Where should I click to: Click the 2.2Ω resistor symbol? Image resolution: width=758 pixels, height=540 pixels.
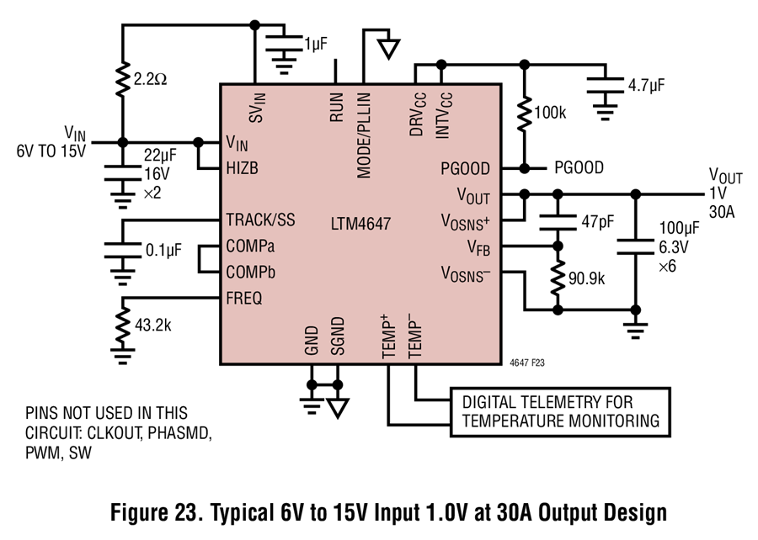123,79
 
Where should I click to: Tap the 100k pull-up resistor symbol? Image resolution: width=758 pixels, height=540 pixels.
525,114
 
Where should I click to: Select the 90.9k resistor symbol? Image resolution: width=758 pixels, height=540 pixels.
558,278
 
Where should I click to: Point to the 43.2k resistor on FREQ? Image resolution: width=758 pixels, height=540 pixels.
123,325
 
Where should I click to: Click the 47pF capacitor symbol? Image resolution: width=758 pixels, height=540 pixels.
558,222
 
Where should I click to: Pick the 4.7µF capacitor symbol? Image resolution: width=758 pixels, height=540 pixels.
606,84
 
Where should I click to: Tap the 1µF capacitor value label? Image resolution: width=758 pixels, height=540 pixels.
316,44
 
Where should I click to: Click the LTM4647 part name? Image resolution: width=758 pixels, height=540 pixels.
360,224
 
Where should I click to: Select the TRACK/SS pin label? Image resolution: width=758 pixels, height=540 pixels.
260,220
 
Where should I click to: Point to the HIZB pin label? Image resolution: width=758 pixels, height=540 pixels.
243,168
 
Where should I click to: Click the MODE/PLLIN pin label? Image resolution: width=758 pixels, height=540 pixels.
364,135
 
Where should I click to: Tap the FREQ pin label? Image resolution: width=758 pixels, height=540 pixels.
244,299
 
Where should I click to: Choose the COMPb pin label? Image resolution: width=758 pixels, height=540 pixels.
251,273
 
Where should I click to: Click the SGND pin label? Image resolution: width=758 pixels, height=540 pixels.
338,336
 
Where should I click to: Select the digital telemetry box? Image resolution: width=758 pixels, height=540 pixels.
560,412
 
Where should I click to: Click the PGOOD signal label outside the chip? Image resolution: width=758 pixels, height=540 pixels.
579,168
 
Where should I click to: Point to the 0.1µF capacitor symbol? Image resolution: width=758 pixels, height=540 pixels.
123,251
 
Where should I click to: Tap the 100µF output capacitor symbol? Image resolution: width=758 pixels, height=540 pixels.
636,246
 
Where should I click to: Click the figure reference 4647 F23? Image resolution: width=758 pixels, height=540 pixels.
527,363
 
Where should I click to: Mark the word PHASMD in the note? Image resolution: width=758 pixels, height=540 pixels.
179,433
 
